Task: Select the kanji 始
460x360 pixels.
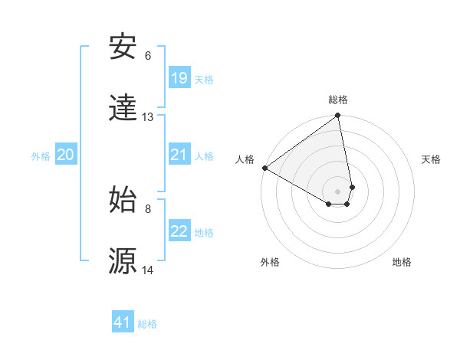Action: point(123,200)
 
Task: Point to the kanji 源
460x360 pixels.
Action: point(123,261)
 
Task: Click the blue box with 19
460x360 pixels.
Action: point(179,77)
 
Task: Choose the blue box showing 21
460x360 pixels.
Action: point(179,155)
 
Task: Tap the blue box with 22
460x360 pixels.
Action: point(179,231)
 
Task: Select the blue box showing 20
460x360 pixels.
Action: point(66,155)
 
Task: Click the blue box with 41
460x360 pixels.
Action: point(123,322)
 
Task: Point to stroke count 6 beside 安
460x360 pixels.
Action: point(148,56)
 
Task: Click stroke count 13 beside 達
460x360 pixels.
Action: point(148,117)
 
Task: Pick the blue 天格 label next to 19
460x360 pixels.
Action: point(204,79)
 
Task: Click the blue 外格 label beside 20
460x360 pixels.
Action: point(41,156)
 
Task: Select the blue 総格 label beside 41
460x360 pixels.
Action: point(147,324)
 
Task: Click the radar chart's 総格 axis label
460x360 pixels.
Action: point(338,100)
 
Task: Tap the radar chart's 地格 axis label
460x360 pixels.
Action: point(402,262)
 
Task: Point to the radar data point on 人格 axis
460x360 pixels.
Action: point(264,168)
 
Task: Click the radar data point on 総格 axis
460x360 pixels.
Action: point(338,116)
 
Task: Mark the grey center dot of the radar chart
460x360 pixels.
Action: point(338,191)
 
